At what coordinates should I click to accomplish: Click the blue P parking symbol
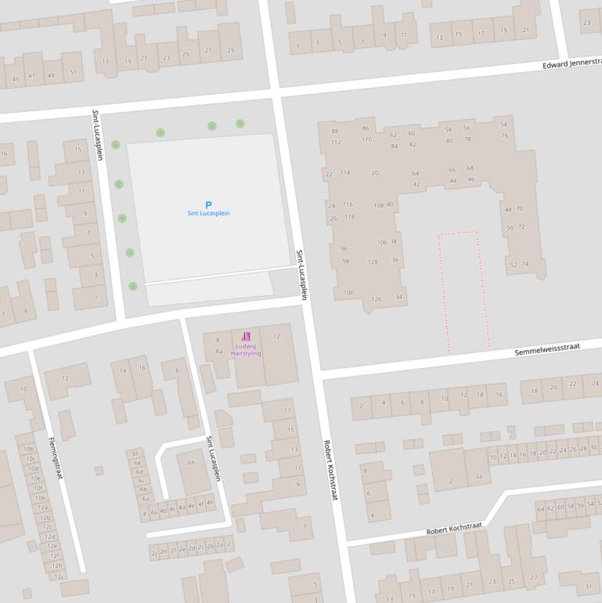pyautogui.click(x=208, y=204)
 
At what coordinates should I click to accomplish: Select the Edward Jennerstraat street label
pyautogui.click(x=571, y=63)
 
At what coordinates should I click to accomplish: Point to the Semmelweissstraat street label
pyautogui.click(x=547, y=349)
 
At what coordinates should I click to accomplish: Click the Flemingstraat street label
pyautogui.click(x=56, y=457)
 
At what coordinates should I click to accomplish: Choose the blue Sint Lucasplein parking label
pyautogui.click(x=208, y=213)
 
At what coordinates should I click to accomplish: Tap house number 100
pyautogui.click(x=348, y=292)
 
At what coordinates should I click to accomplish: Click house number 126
pyautogui.click(x=376, y=299)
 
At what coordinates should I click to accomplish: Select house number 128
pyautogui.click(x=373, y=262)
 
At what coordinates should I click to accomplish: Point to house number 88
pyautogui.click(x=334, y=131)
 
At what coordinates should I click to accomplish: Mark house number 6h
pyautogui.click(x=190, y=463)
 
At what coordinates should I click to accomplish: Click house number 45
pyautogui.click(x=16, y=79)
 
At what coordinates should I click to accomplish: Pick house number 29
pyautogui.click(x=230, y=50)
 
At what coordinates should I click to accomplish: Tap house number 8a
pyautogui.click(x=219, y=352)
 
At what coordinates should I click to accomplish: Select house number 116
pyautogui.click(x=348, y=204)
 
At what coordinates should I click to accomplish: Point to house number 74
pyautogui.click(x=524, y=264)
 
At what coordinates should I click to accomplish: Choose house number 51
pyautogui.click(x=73, y=72)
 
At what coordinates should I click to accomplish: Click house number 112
pyautogui.click(x=336, y=142)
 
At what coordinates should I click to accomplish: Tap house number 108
pyautogui.click(x=379, y=205)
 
